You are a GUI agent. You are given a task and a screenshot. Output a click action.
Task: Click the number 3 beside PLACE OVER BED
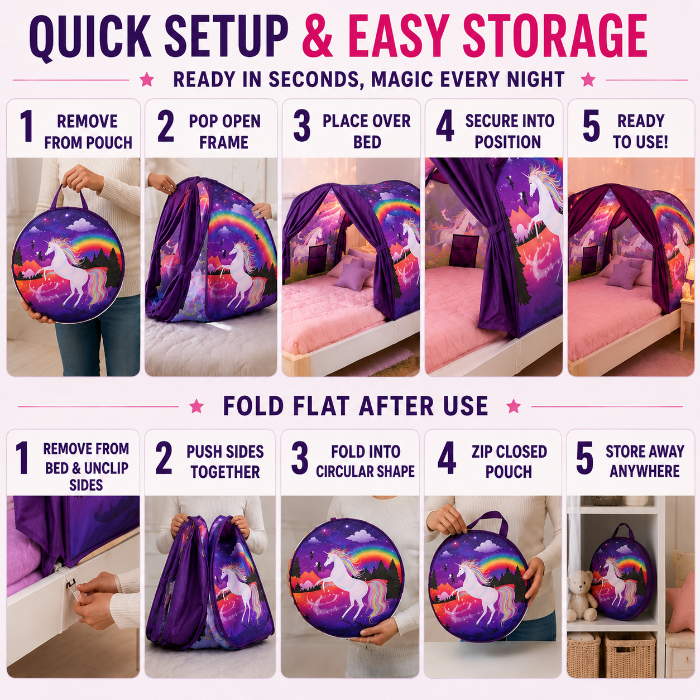pos(302,126)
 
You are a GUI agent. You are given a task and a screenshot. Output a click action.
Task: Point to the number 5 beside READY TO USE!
pos(591,126)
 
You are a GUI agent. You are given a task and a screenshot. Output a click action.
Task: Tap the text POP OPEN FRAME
pos(224,132)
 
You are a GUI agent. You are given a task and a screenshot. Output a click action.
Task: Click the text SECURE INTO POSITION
pos(509,131)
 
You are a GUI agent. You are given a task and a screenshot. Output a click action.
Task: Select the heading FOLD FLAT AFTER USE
pos(355,406)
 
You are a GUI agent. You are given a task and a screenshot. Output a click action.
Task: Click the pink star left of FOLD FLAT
pos(196,406)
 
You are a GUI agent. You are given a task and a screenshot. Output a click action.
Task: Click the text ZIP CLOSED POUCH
pos(509,461)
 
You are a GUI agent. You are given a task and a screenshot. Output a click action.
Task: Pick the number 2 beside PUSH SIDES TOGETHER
pos(164,458)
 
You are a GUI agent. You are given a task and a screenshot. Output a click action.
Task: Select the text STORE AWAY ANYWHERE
pos(645,461)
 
